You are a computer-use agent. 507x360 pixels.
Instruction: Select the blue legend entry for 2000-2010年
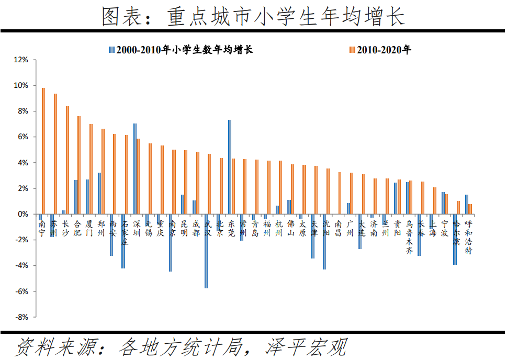pos(181,50)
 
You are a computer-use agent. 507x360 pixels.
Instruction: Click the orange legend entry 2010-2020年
pos(380,50)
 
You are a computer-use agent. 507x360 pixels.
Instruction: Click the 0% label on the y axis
pos(24,214)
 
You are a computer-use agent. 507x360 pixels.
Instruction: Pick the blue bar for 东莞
pos(229,167)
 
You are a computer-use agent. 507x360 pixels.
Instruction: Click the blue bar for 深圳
pos(135,168)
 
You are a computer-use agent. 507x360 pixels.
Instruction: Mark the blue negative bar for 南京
pos(171,243)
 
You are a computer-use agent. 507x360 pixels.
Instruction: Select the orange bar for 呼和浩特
pos(470,209)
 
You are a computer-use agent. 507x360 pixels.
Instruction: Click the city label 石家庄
pos(124,232)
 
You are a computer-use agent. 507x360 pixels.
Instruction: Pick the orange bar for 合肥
pos(79,165)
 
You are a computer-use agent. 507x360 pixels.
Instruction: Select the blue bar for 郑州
pos(99,193)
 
